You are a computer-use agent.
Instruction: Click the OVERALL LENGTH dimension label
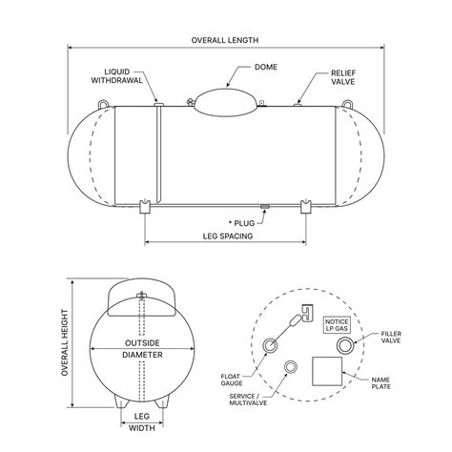225,40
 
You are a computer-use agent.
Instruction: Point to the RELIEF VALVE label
342,76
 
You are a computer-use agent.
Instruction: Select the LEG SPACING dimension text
226,235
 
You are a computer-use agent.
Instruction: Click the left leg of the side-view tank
145,207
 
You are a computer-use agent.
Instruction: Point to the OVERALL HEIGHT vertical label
66,343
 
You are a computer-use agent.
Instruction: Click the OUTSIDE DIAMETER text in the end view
141,348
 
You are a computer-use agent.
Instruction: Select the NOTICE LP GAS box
337,326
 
